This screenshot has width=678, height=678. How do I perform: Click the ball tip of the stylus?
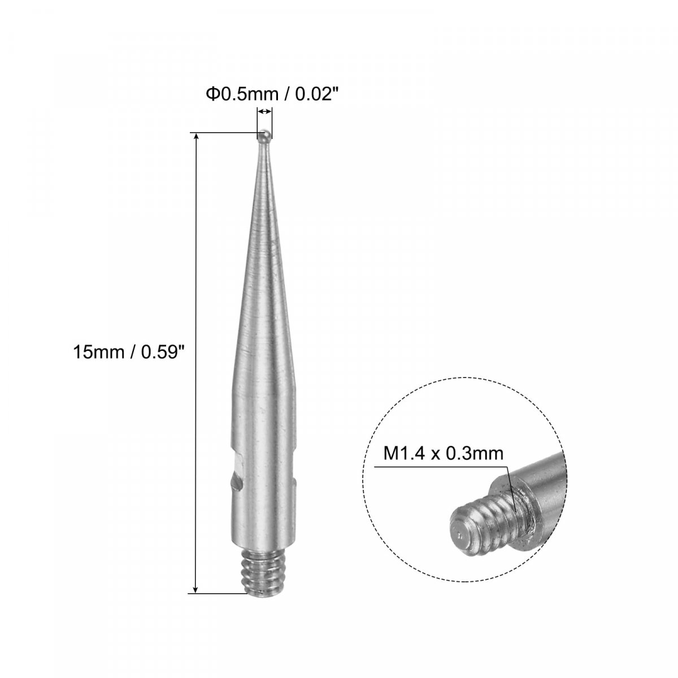[264, 137]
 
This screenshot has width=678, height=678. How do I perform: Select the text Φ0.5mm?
[242, 94]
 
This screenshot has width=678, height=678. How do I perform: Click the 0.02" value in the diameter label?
[313, 94]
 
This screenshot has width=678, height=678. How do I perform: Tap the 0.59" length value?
[163, 351]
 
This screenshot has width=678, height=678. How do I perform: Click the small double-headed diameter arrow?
[264, 111]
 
